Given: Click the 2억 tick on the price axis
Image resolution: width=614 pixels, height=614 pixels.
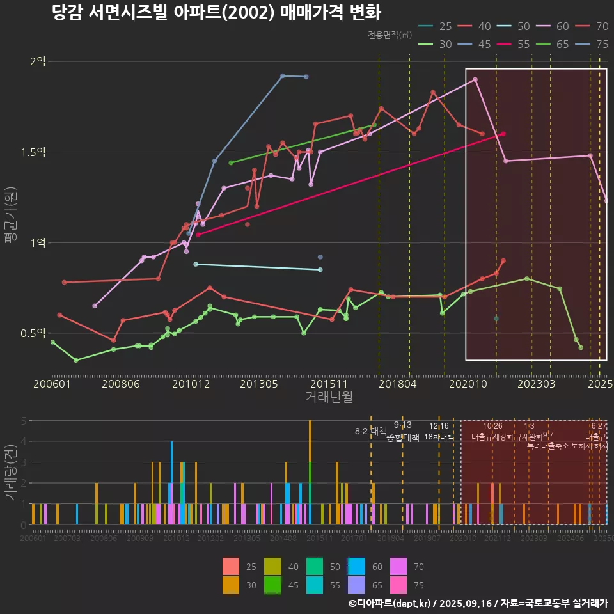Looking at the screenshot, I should (38, 61).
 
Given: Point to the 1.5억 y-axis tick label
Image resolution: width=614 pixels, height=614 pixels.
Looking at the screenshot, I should (33, 152).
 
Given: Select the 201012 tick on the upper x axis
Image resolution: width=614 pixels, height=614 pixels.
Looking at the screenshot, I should (190, 384).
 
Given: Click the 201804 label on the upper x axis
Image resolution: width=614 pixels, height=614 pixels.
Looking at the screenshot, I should (397, 384).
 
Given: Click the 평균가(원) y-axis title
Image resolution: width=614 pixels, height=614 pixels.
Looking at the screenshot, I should (10, 217).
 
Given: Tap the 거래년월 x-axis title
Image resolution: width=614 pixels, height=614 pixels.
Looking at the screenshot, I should (329, 397).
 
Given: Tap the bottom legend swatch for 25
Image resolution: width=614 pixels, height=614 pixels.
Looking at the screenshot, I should (232, 566).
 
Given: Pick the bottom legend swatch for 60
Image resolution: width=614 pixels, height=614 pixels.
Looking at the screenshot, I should (357, 566).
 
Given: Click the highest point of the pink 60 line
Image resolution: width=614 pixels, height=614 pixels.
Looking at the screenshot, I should (475, 79).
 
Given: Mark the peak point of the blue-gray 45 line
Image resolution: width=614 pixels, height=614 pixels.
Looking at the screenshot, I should (283, 75).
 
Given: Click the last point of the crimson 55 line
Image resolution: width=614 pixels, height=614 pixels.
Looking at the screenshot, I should (504, 134).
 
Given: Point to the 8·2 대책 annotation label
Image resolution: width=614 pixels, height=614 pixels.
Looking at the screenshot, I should (372, 431).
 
